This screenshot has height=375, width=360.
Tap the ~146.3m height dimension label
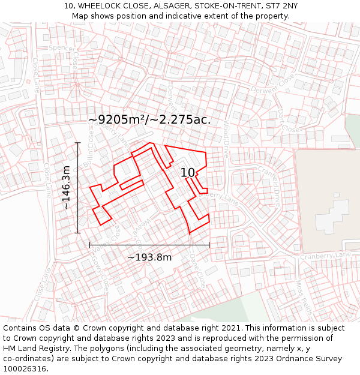(x=66, y=188)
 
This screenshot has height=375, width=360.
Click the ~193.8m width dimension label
(x=149, y=257)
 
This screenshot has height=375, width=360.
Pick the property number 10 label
(x=188, y=173)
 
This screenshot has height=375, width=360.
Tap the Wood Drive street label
(x=227, y=135)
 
